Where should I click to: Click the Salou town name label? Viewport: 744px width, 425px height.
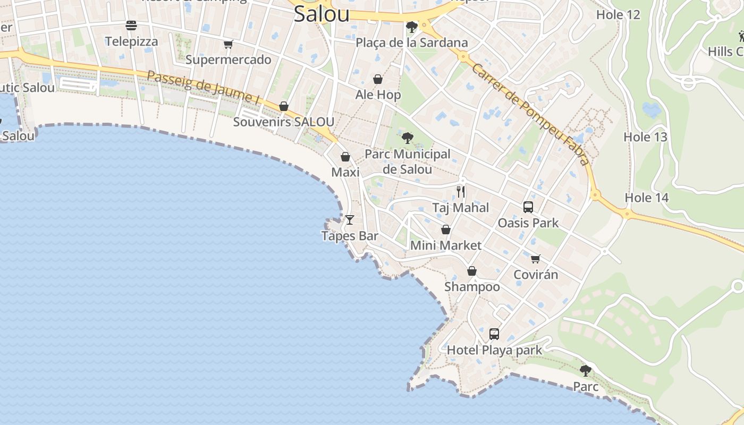(x=322, y=14)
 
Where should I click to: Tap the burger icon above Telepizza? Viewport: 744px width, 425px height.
(x=131, y=25)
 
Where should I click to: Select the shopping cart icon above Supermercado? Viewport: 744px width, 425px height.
(x=229, y=44)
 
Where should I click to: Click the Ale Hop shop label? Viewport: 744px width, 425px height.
(x=378, y=95)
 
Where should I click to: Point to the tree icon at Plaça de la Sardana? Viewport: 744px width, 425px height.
(x=411, y=27)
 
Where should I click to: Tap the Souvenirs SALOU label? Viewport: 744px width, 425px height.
(x=284, y=122)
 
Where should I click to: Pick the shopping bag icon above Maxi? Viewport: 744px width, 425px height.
(x=345, y=157)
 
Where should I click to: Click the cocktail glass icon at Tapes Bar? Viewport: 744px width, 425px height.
(x=350, y=219)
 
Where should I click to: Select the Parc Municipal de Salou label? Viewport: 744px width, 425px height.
(x=408, y=162)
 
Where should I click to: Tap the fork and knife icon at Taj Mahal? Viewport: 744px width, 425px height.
(x=461, y=192)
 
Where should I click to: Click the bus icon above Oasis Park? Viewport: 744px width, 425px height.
(x=528, y=207)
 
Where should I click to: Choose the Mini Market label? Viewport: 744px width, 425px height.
(x=446, y=245)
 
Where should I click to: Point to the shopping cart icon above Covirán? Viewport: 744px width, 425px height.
(x=536, y=259)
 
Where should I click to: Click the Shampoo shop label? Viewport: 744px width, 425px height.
(x=472, y=287)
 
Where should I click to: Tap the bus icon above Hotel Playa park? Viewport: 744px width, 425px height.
(x=494, y=334)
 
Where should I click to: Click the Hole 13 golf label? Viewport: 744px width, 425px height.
(x=645, y=137)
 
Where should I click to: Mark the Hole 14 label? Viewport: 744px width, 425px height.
(x=646, y=198)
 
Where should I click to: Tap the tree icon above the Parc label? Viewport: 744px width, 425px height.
(x=586, y=370)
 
